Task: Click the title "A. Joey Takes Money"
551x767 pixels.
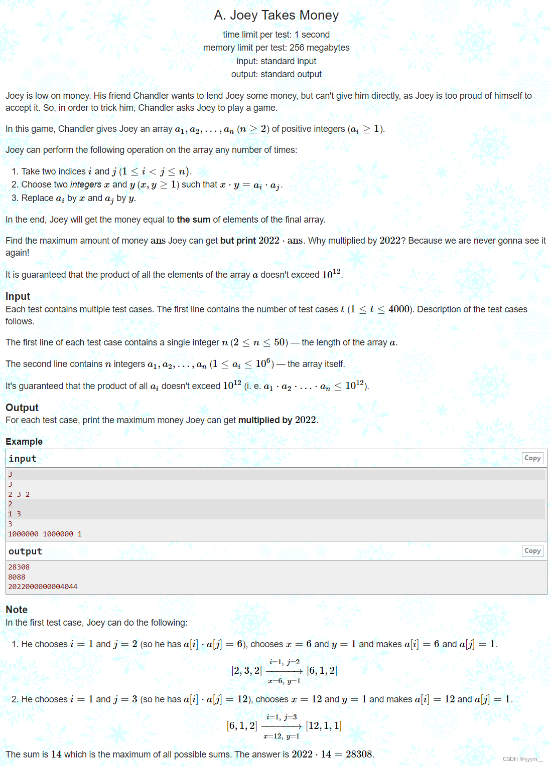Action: point(276,16)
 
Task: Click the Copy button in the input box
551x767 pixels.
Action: point(532,458)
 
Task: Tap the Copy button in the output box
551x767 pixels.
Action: point(532,551)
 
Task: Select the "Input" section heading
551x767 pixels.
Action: point(18,296)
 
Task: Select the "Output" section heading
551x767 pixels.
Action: point(22,408)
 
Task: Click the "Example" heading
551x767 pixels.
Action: point(24,442)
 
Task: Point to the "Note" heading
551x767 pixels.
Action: point(17,610)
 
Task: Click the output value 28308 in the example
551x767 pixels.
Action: point(19,567)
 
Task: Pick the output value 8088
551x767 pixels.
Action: point(17,577)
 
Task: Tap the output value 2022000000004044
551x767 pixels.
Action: point(43,587)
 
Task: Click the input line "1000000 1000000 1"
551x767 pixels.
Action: point(45,534)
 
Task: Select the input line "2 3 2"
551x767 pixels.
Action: point(19,494)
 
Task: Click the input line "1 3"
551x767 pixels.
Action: point(15,514)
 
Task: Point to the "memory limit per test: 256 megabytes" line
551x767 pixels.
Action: point(276,48)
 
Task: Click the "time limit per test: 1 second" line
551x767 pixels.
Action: point(276,35)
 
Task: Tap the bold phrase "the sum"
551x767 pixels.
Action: point(193,220)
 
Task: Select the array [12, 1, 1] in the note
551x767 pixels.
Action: point(324,726)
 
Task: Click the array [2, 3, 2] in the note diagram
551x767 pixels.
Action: point(246,671)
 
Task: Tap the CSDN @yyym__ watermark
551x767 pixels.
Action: point(522,759)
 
